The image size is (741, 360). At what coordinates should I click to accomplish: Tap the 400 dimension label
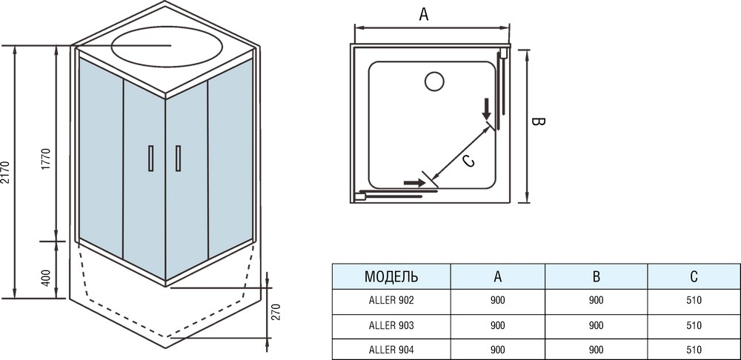(x=46, y=279)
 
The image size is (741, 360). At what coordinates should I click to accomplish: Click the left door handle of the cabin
(x=150, y=158)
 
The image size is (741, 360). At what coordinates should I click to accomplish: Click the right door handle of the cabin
(x=178, y=158)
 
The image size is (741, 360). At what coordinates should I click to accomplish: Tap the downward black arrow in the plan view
(x=487, y=109)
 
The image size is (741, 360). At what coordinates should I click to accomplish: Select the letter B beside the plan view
(x=539, y=122)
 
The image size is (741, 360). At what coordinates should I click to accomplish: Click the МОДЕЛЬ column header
(x=391, y=277)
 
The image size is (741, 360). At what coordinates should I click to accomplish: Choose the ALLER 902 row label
(x=391, y=301)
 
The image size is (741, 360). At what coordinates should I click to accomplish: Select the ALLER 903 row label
(x=391, y=325)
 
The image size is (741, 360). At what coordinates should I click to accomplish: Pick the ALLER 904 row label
(x=391, y=349)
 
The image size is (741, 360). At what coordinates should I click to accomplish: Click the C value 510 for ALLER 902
(x=694, y=301)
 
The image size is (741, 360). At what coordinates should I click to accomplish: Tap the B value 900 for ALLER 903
(x=596, y=325)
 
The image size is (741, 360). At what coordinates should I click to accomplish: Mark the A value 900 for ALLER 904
(x=497, y=349)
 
